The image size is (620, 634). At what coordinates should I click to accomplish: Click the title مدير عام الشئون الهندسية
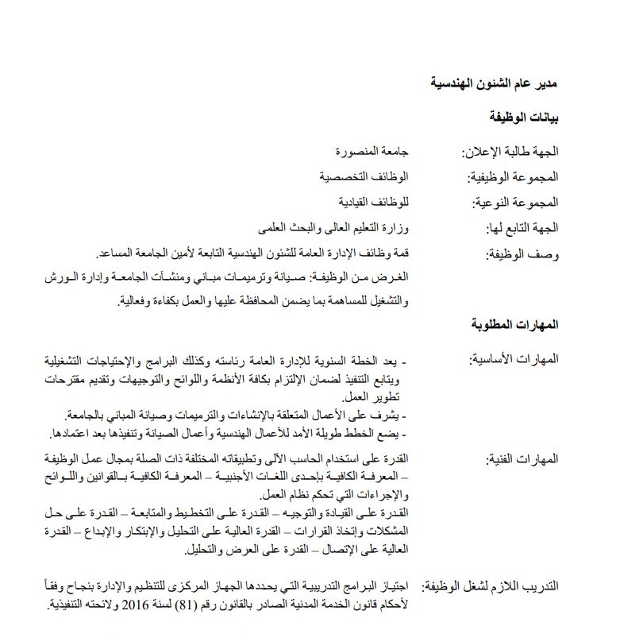494,83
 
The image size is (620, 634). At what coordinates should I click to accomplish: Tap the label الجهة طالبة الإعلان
510,151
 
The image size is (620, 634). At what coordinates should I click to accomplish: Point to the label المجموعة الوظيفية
510,176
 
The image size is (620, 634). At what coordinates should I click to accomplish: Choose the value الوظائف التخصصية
364,176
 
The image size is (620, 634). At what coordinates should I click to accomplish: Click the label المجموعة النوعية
512,202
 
